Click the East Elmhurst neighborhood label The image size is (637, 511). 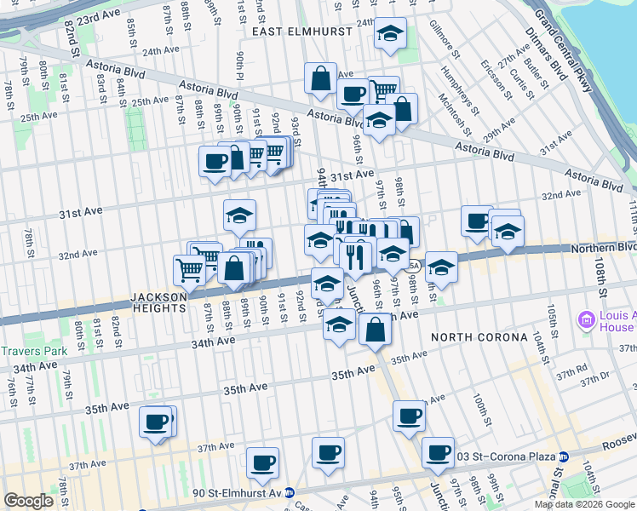(x=296, y=31)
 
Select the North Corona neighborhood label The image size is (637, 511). (x=479, y=336)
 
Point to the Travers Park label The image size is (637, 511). (x=31, y=350)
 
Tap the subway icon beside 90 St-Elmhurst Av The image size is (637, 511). (x=290, y=492)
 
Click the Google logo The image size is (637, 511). (x=29, y=501)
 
